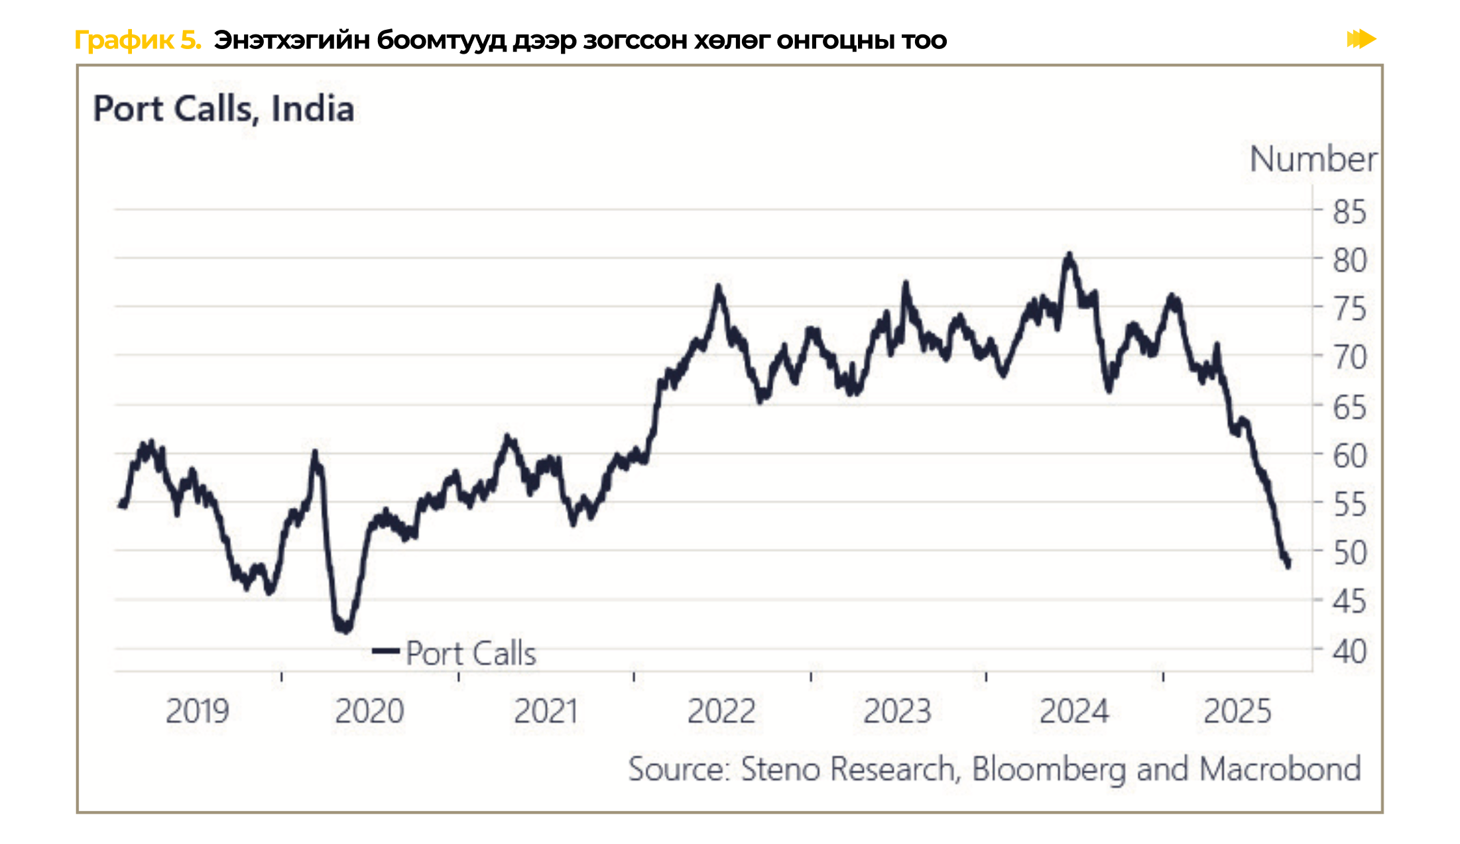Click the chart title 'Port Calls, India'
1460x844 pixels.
[223, 109]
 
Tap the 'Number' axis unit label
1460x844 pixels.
[1312, 160]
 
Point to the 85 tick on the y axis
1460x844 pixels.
[1349, 212]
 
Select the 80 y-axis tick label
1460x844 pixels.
[1349, 260]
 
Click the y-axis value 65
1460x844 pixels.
[1349, 407]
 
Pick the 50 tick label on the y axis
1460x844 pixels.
[1349, 553]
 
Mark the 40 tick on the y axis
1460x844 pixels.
[1349, 651]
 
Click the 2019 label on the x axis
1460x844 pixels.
[197, 712]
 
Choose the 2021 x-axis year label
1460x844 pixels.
[546, 712]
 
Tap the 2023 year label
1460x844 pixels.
[897, 712]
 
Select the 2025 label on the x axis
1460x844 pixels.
[1237, 712]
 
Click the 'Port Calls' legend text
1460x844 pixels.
[471, 653]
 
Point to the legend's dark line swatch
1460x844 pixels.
[385, 651]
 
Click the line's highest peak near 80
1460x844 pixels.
[1068, 255]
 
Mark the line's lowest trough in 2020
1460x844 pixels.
[345, 629]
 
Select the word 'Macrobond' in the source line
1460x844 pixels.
[1280, 769]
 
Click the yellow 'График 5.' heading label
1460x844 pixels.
[137, 40]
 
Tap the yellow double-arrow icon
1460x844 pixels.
[1361, 39]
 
